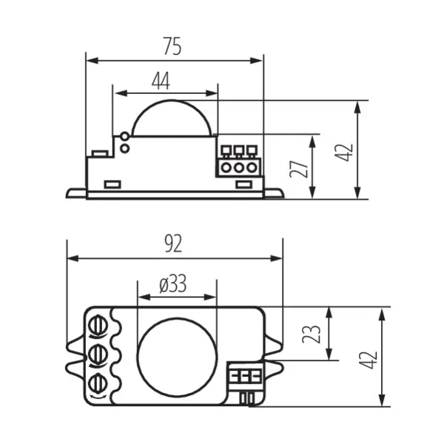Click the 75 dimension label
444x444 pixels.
click(x=172, y=46)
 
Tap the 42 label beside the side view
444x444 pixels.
click(x=345, y=152)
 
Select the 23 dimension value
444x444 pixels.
click(x=314, y=334)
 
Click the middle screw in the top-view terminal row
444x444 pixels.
click(x=97, y=354)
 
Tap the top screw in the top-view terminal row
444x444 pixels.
click(x=97, y=326)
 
